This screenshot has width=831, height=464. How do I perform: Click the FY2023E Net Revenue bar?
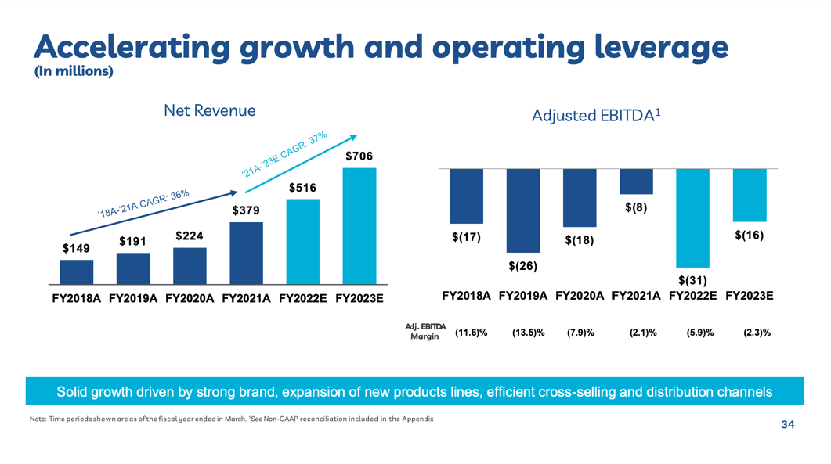(x=359, y=225)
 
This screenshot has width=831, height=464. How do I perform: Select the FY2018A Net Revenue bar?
(x=77, y=272)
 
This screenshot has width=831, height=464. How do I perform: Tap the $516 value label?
(x=303, y=188)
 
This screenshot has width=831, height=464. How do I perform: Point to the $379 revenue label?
(x=247, y=210)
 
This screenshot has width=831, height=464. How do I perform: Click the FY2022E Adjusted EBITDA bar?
(x=693, y=218)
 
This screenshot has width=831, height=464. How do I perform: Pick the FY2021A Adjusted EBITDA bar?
(x=636, y=182)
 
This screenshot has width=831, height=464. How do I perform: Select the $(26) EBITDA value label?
(x=522, y=266)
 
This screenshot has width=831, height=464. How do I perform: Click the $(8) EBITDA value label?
(x=636, y=208)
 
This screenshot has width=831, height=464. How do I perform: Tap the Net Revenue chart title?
(x=210, y=111)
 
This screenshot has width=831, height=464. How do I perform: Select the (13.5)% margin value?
(x=528, y=333)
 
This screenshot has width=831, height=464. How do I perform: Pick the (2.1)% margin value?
(x=643, y=333)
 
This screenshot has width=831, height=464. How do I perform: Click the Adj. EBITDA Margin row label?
(x=425, y=331)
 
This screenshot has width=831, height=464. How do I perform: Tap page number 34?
(x=787, y=425)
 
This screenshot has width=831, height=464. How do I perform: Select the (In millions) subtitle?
(x=74, y=72)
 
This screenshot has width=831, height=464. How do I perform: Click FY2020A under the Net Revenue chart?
(x=190, y=298)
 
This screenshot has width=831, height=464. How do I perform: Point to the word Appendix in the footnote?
(x=417, y=419)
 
